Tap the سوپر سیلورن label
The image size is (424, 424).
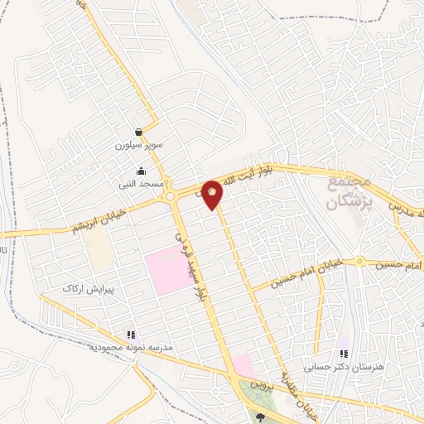[139, 145]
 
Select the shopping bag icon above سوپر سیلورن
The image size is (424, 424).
[138, 132]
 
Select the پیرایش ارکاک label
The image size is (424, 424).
[88, 290]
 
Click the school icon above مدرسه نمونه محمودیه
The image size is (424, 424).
[131, 335]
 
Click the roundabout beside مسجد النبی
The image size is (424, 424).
[171, 196]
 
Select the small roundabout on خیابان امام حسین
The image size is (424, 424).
[360, 262]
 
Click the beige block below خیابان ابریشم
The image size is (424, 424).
[99, 248]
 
